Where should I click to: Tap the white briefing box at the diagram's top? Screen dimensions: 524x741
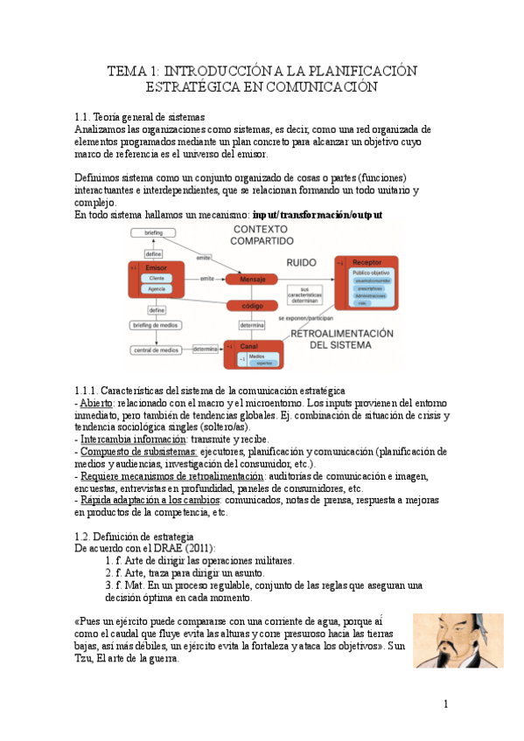click(154, 233)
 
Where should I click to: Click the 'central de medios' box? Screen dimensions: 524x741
click(157, 350)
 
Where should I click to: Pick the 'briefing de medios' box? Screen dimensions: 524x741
click(157, 325)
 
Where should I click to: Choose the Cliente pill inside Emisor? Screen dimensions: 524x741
click(157, 277)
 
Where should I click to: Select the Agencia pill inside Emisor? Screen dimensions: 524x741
click(157, 287)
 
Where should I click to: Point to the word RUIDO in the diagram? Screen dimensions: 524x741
click(301, 262)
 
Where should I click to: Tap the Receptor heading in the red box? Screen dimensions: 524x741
click(367, 262)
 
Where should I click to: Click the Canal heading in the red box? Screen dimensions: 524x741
click(248, 346)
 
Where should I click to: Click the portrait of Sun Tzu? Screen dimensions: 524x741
click(458, 641)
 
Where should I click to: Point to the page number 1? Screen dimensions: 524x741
click(445, 704)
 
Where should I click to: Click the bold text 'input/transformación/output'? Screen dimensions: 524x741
click(317, 214)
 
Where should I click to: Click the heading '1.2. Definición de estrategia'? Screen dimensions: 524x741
click(140, 536)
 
